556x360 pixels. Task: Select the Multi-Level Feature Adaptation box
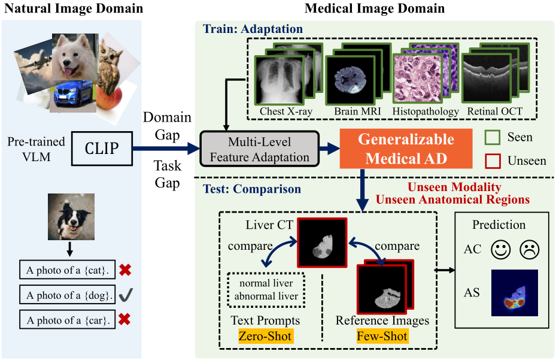click(x=260, y=149)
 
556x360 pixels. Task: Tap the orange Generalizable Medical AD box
click(x=406, y=149)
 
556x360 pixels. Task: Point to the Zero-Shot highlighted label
click(x=265, y=336)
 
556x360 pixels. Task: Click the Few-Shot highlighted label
click(x=382, y=336)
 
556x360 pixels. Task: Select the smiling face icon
click(x=500, y=249)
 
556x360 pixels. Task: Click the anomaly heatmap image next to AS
click(x=514, y=292)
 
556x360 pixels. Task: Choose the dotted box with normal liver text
click(x=266, y=289)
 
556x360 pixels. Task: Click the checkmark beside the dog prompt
click(x=125, y=294)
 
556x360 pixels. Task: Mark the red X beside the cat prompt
click(x=125, y=270)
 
